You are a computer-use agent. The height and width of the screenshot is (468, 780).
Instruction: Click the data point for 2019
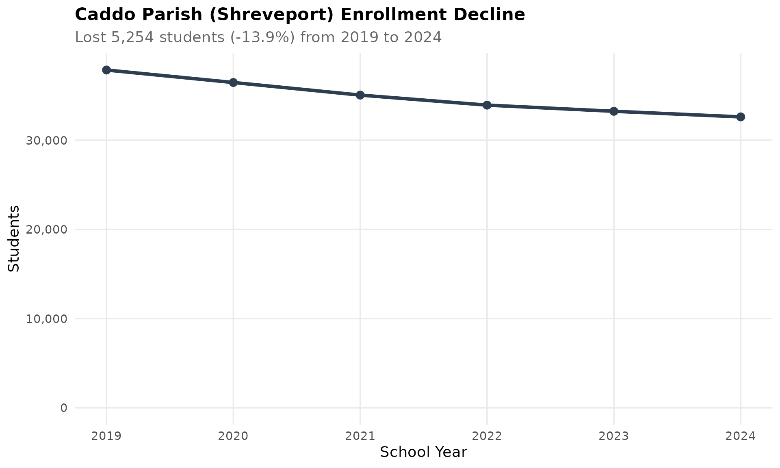click(106, 70)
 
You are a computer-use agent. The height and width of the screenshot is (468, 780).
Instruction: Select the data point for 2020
click(233, 82)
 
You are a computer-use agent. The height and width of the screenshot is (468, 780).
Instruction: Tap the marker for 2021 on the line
click(360, 95)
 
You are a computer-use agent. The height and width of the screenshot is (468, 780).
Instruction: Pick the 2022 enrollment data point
click(487, 105)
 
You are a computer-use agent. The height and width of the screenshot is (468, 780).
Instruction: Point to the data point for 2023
click(614, 111)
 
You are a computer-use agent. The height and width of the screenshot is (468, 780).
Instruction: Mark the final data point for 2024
click(741, 117)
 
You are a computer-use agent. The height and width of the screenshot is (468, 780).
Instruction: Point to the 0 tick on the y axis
click(64, 408)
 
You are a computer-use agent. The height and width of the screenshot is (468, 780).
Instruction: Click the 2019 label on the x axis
click(106, 436)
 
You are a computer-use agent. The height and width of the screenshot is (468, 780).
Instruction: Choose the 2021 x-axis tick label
click(360, 436)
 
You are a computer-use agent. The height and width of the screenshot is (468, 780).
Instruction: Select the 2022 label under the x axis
click(487, 436)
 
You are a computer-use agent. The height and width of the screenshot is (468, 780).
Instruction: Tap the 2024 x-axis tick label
click(741, 436)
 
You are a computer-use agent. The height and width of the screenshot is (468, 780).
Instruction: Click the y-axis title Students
click(14, 238)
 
